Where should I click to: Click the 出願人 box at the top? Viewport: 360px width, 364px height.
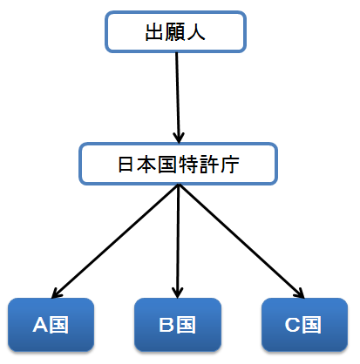pyautogui.click(x=175, y=32)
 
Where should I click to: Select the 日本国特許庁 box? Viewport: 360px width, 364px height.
pyautogui.click(x=178, y=164)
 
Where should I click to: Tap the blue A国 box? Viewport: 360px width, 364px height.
pyautogui.click(x=51, y=325)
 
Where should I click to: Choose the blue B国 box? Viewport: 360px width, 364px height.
pyautogui.click(x=178, y=325)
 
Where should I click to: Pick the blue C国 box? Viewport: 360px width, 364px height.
pyautogui.click(x=304, y=325)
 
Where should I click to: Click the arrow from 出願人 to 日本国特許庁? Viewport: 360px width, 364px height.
pyautogui.click(x=178, y=98)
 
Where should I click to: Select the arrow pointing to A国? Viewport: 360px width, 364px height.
pyautogui.click(x=115, y=241)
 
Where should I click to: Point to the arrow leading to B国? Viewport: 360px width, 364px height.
pyautogui.click(x=178, y=241)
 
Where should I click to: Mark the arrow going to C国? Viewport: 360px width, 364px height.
pyautogui.click(x=241, y=241)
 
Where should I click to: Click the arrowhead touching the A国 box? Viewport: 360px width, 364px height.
pyautogui.click(x=56, y=293)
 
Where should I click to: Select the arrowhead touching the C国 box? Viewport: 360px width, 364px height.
pyautogui.click(x=300, y=293)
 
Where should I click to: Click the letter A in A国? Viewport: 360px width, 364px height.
pyautogui.click(x=40, y=325)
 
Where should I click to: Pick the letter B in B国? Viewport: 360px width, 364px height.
pyautogui.click(x=166, y=325)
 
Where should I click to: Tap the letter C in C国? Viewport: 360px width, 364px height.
pyautogui.click(x=292, y=325)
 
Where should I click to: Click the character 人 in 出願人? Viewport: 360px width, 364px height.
pyautogui.click(x=196, y=31)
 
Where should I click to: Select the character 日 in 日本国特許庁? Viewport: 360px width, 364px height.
pyautogui.click(x=126, y=164)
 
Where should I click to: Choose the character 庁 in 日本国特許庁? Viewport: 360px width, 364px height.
pyautogui.click(x=230, y=165)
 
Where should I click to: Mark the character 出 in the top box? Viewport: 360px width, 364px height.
pyautogui.click(x=154, y=31)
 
